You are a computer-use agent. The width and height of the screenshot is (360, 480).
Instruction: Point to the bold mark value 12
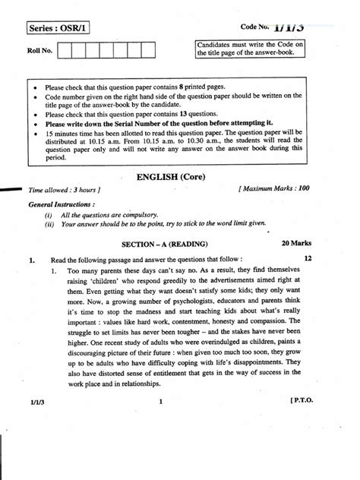[307, 258]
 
